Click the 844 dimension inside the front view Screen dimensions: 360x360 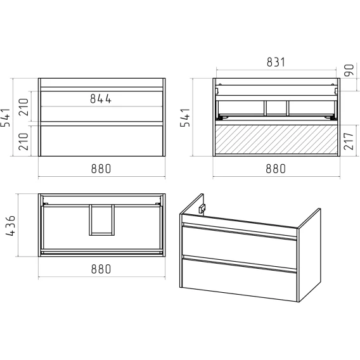pyautogui.click(x=101, y=99)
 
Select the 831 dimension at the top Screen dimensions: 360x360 pyautogui.click(x=276, y=62)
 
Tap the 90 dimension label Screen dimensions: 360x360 pyautogui.click(x=349, y=70)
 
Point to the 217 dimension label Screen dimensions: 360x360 pyautogui.click(x=349, y=141)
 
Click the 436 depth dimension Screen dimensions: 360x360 pyautogui.click(x=11, y=226)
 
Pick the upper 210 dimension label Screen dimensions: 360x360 pyautogui.click(x=23, y=107)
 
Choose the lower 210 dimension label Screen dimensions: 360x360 pyautogui.click(x=23, y=141)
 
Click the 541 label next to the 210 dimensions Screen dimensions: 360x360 pyautogui.click(x=6, y=117)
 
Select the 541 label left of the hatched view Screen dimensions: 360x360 pyautogui.click(x=185, y=117)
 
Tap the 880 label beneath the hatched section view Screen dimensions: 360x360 pyautogui.click(x=276, y=169)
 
